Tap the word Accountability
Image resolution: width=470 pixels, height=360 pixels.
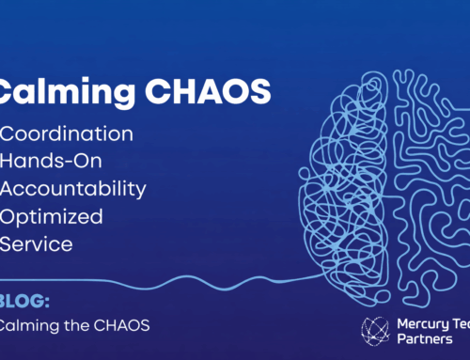[74, 188]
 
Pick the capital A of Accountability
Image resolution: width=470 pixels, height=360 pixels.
[10, 188]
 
